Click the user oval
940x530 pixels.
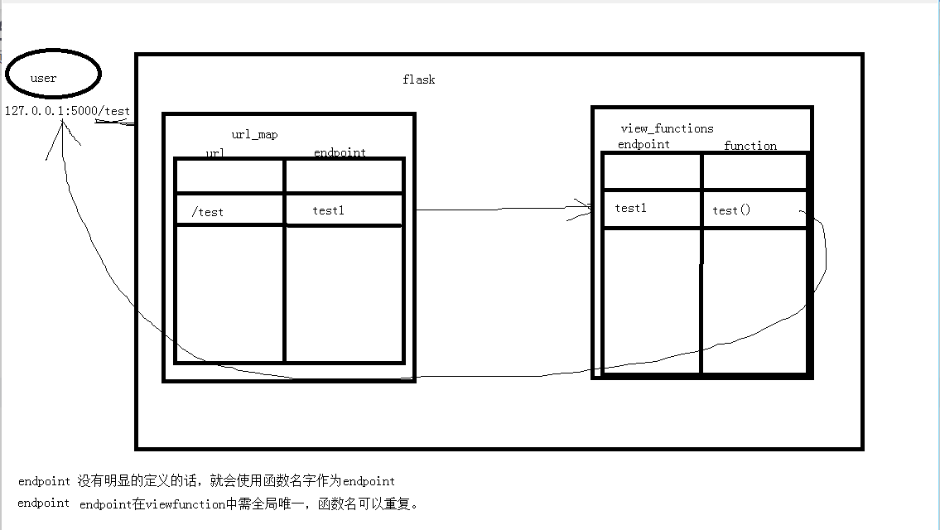pos(51,75)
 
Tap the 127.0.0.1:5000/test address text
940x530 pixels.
pos(67,111)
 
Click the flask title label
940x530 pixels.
pos(418,79)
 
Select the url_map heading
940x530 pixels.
pos(254,134)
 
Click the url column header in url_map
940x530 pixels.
pos(215,153)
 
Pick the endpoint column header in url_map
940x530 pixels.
pos(340,152)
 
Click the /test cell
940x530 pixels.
pos(207,212)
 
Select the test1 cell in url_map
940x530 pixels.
pos(328,210)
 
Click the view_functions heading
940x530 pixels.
pos(667,128)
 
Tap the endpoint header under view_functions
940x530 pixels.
pos(644,144)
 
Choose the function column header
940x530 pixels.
pos(750,146)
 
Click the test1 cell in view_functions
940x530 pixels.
pos(630,208)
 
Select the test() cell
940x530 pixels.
pos(731,210)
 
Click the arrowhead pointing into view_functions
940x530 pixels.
pos(583,209)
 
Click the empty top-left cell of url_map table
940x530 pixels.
pos(229,176)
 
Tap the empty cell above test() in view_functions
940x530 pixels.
pos(754,171)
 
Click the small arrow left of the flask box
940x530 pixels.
pos(114,123)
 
